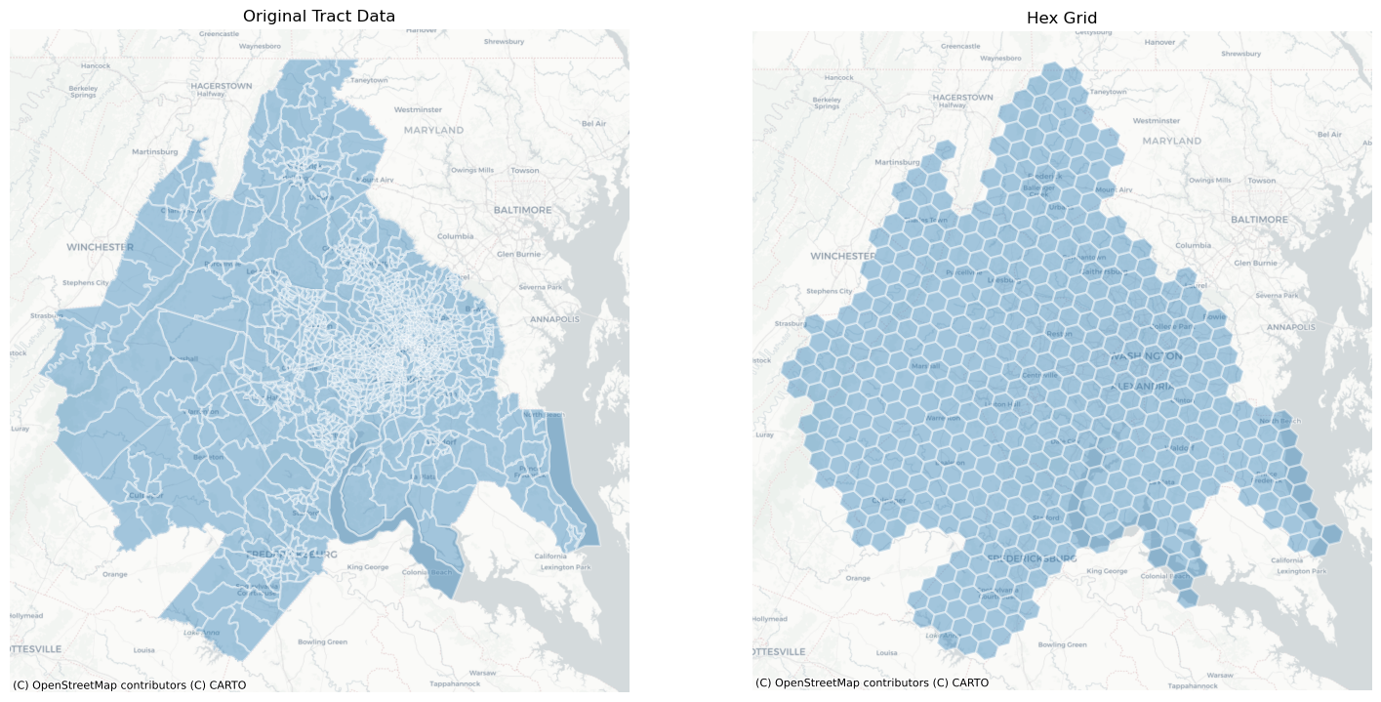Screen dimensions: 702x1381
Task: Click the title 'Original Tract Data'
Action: coord(319,16)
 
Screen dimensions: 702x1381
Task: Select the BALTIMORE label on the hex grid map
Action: coord(1259,220)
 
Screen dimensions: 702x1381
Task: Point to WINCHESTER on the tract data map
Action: coord(100,247)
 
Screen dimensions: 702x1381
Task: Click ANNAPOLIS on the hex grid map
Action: coord(1293,327)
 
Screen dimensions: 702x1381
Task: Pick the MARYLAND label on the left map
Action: coord(433,130)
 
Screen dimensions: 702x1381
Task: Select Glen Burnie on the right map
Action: coord(1255,263)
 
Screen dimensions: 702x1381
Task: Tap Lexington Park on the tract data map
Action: coord(564,567)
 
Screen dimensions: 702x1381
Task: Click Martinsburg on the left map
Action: coord(155,152)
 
